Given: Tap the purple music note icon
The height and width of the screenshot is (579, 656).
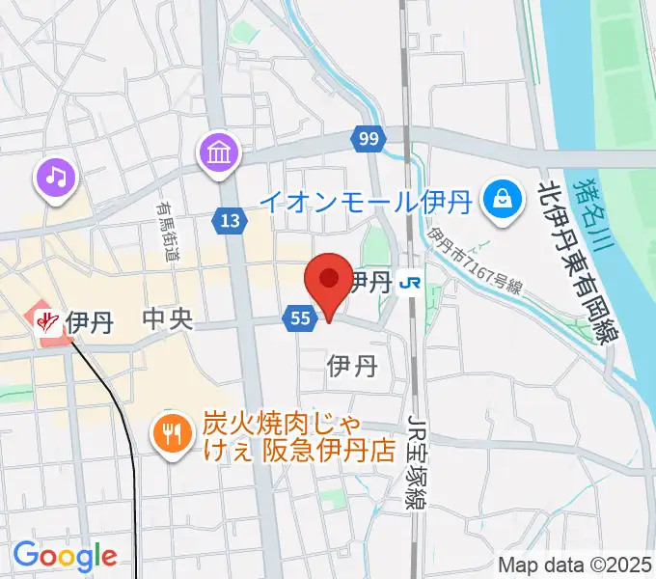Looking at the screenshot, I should pyautogui.click(x=57, y=178).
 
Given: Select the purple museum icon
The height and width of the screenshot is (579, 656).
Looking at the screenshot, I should pyautogui.click(x=219, y=152).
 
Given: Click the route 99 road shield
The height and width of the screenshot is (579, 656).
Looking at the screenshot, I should pyautogui.click(x=366, y=138).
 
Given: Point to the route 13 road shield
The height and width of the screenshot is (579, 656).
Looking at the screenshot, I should pyautogui.click(x=229, y=222).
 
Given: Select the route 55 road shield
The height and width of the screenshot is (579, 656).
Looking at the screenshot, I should pyautogui.click(x=298, y=317).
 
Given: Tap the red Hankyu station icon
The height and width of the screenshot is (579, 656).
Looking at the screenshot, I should pyautogui.click(x=45, y=321).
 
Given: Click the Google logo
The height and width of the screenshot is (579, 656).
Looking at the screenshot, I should pyautogui.click(x=65, y=556).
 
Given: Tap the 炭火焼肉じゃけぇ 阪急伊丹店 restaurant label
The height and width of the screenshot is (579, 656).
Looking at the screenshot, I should pyautogui.click(x=300, y=437).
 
